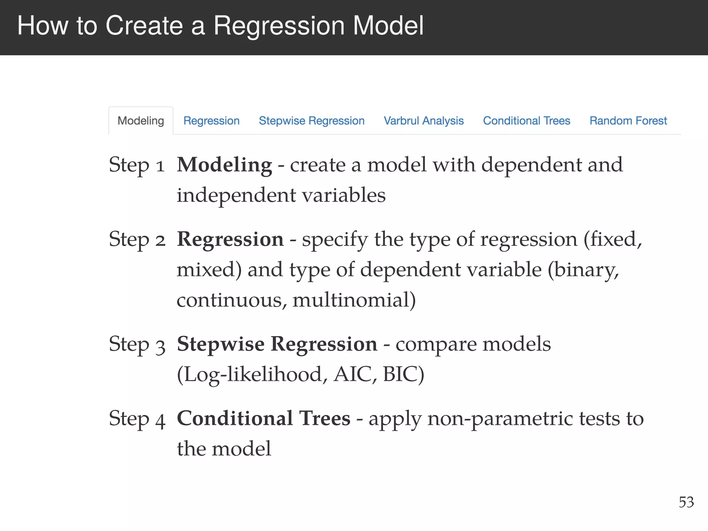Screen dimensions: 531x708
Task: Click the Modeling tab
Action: [141, 121]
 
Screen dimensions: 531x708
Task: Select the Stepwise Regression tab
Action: [311, 121]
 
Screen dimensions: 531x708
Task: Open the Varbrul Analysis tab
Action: [423, 121]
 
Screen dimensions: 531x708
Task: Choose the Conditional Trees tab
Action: [526, 121]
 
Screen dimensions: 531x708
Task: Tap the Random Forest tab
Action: [628, 121]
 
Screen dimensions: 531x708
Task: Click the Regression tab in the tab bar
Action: [211, 121]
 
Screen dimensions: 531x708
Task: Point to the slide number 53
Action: [686, 502]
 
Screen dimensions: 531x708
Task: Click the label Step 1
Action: [136, 165]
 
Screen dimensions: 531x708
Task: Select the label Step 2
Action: [137, 240]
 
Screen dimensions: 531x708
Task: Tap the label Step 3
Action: [137, 345]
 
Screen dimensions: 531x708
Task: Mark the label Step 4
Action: [137, 419]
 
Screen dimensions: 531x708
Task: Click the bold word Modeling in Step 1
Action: [224, 165]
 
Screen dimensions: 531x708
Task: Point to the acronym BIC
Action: [403, 374]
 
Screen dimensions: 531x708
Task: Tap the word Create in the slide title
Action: [144, 26]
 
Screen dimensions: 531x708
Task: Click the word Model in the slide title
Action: [388, 26]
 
